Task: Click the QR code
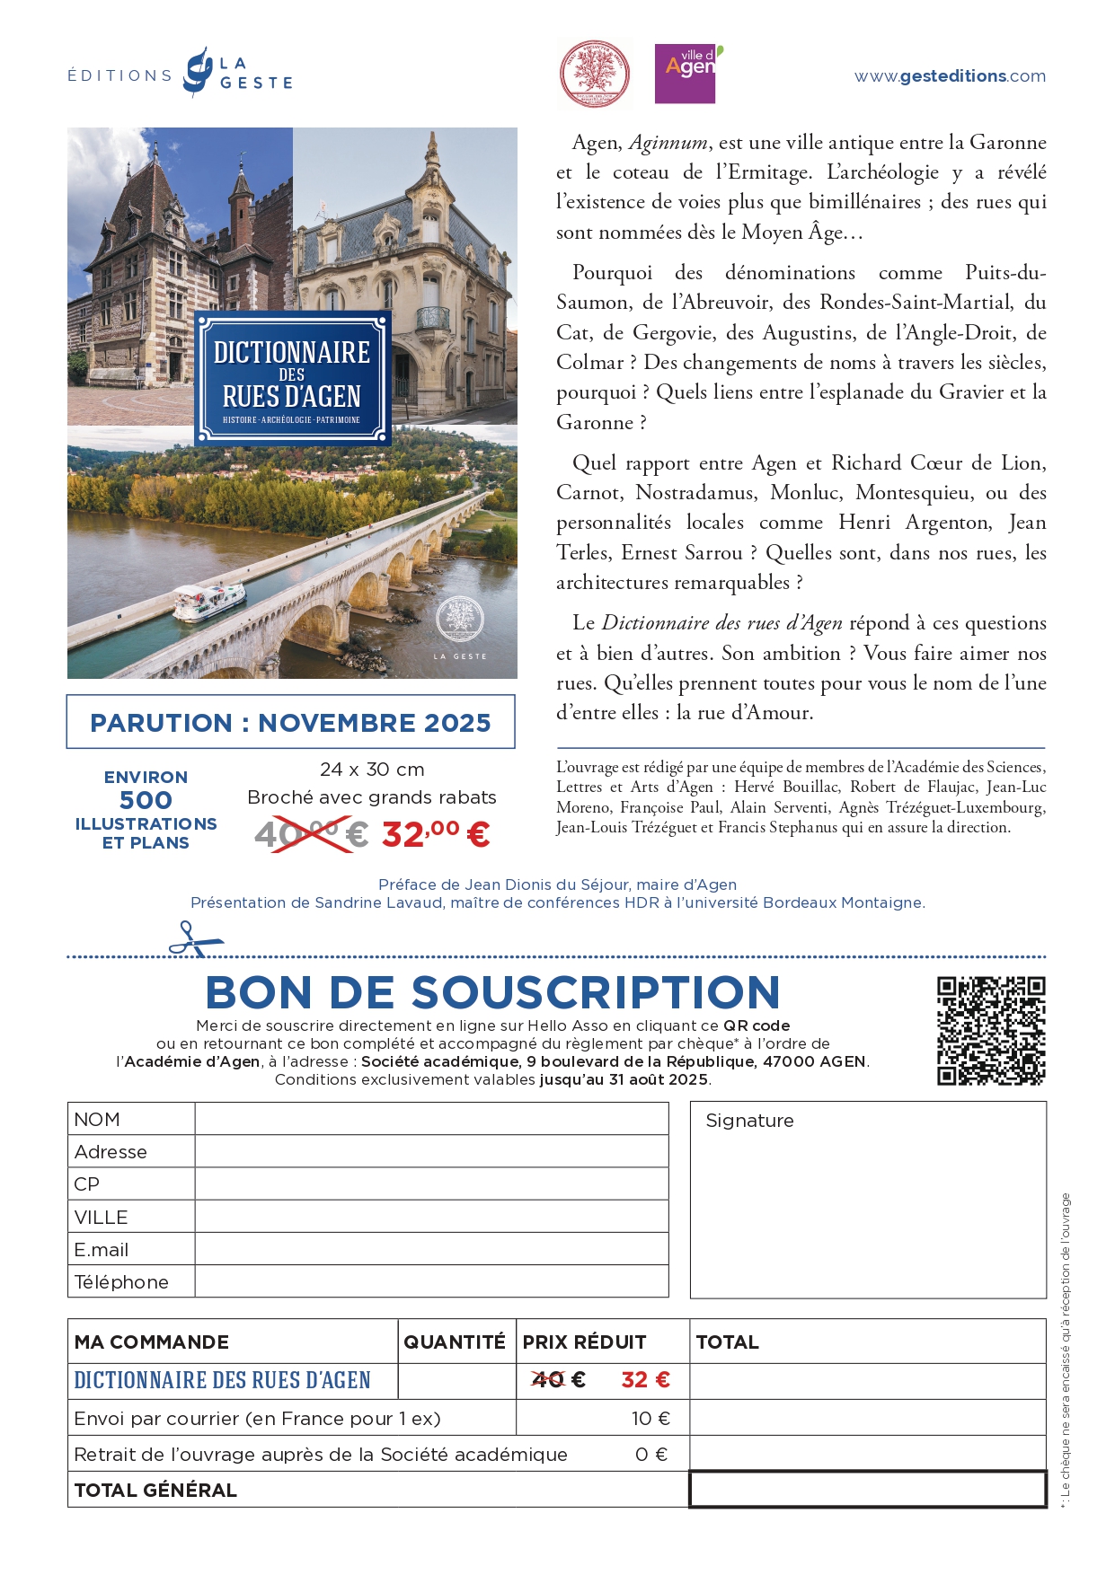pyautogui.click(x=991, y=1031)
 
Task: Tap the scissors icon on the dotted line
pyautogui.click(x=194, y=938)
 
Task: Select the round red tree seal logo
pyautogui.click(x=595, y=75)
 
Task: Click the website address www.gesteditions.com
pyautogui.click(x=950, y=76)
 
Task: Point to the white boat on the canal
pyautogui.click(x=209, y=601)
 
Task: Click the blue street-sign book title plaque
pyautogui.click(x=293, y=378)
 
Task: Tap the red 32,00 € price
pyautogui.click(x=436, y=834)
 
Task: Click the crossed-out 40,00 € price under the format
pyautogui.click(x=310, y=834)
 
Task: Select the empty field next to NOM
pyautogui.click(x=431, y=1119)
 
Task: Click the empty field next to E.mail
pyautogui.click(x=431, y=1249)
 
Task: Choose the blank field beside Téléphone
pyautogui.click(x=431, y=1281)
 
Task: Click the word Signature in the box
pyautogui.click(x=749, y=1121)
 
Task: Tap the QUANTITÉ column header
pyautogui.click(x=455, y=1342)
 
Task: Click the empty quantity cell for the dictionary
pyautogui.click(x=456, y=1380)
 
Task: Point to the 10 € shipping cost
pyautogui.click(x=650, y=1419)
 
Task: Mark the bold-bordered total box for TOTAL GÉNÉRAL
pyautogui.click(x=867, y=1489)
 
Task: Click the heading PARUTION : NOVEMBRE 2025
pyautogui.click(x=290, y=723)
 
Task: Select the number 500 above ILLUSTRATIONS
pyautogui.click(x=146, y=800)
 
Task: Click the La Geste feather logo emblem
pyautogui.click(x=198, y=72)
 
